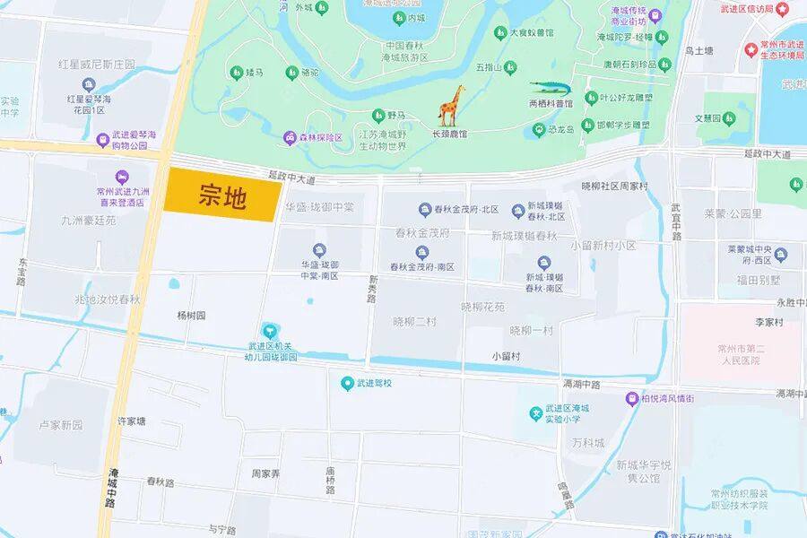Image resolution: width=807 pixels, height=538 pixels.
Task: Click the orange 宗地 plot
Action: (x=222, y=195)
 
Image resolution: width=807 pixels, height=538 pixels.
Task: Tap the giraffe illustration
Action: (x=451, y=105)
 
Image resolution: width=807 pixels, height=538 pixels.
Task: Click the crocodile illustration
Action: (x=556, y=88)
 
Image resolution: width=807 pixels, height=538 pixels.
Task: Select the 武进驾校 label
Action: (x=375, y=384)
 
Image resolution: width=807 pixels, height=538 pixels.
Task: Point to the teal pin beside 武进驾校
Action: (x=347, y=384)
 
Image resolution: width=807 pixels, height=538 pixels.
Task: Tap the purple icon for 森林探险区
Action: (x=290, y=137)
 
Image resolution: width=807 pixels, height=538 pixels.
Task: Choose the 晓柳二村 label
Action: (x=415, y=320)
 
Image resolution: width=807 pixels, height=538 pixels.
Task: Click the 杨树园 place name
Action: (x=191, y=316)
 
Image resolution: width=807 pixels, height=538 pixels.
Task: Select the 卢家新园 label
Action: (x=60, y=424)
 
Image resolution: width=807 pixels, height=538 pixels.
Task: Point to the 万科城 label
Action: (x=588, y=443)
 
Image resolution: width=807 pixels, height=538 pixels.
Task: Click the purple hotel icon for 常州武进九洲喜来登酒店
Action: (x=121, y=177)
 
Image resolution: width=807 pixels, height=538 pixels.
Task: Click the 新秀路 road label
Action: (x=371, y=290)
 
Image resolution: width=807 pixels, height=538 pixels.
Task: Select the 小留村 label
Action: (x=507, y=356)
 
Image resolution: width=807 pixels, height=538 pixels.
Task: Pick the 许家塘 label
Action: (x=132, y=421)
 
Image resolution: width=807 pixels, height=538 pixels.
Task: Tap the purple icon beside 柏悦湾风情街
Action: (x=632, y=399)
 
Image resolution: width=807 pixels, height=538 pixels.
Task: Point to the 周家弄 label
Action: (x=265, y=473)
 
